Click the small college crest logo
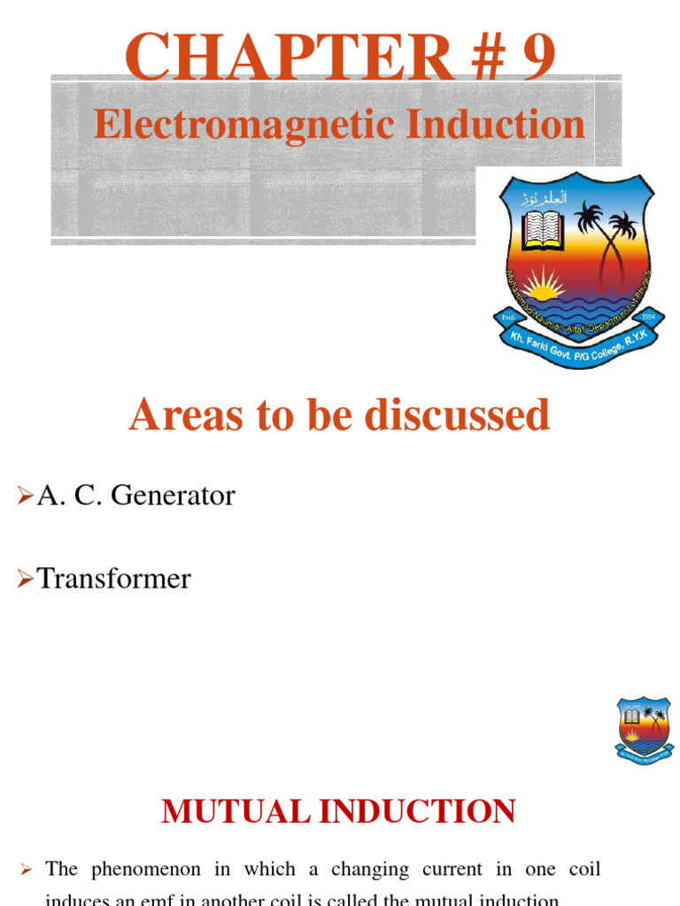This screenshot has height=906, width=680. [x=643, y=731]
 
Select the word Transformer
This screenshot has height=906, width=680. [x=113, y=579]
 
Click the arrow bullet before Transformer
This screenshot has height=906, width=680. [x=25, y=580]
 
